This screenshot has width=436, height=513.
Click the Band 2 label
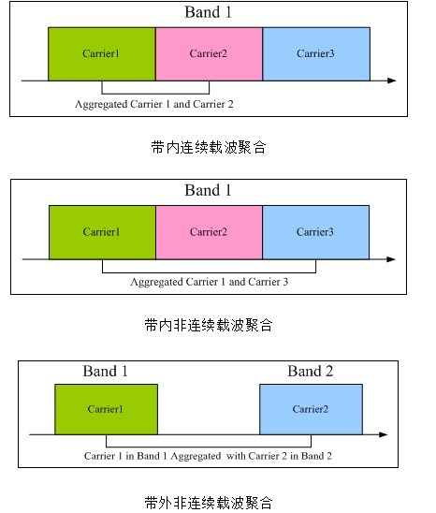point(310,371)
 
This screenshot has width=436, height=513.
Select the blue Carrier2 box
point(311,409)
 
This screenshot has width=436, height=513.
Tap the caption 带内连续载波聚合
point(209,147)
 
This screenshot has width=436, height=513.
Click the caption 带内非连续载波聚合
point(209,325)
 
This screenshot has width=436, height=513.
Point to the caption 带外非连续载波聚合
point(209,503)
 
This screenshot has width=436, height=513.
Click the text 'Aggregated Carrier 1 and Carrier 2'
point(154,104)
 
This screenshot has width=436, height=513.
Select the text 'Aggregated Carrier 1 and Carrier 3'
point(210,282)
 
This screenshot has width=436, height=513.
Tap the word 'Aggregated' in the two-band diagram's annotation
point(196,456)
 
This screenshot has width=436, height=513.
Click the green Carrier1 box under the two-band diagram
point(107,409)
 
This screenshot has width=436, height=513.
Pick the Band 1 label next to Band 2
point(105,371)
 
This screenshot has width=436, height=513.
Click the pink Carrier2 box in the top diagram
point(209,54)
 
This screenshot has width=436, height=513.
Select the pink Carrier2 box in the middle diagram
point(209,232)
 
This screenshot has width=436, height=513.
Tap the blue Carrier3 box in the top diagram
point(316,54)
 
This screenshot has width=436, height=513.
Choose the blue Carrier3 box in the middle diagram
point(315,232)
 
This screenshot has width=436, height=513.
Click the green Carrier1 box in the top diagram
point(102,54)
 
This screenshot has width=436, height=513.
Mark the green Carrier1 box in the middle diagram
point(102,232)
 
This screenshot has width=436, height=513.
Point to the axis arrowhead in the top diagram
point(392,81)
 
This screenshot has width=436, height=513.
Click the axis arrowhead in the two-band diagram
point(384,434)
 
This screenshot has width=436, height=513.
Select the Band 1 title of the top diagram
point(208,12)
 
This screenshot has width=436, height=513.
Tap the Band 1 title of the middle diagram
point(208,190)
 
